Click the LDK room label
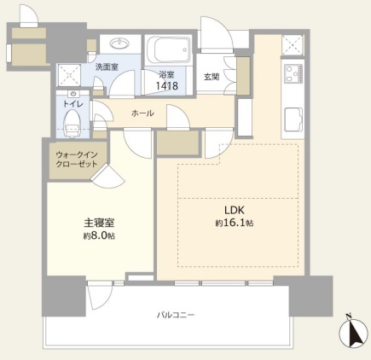tap(236, 210)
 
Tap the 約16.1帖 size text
tap(236, 223)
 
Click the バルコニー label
tap(175, 315)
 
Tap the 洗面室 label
tap(106, 67)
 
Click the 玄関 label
tap(212, 78)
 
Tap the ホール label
tap(142, 113)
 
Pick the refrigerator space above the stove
tap(294, 45)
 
